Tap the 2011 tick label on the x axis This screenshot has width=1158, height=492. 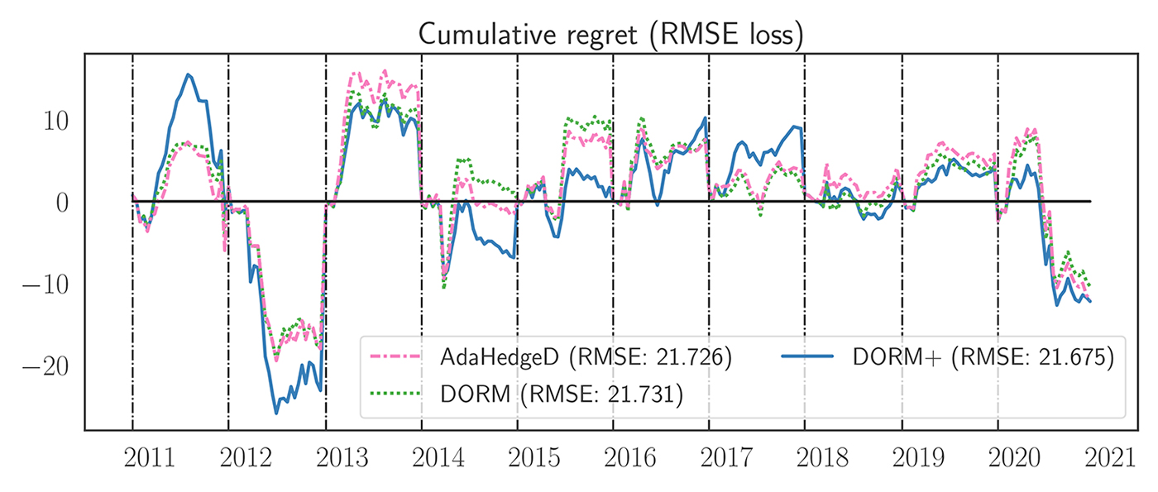(x=149, y=459)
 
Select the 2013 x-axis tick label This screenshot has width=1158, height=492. (x=342, y=459)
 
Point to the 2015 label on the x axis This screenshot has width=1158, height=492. (x=534, y=459)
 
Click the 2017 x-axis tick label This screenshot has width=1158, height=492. (x=726, y=459)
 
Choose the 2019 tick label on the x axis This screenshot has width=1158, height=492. (x=919, y=459)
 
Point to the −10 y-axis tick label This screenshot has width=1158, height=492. (x=51, y=284)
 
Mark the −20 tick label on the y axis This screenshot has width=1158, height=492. (x=51, y=365)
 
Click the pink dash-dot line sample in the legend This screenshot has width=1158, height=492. (x=399, y=359)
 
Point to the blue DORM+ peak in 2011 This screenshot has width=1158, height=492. (x=189, y=74)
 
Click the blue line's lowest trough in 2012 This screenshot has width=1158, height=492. (x=277, y=413)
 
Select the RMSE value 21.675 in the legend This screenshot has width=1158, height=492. (x=1075, y=359)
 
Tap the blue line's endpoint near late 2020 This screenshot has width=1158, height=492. (x=1090, y=301)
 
